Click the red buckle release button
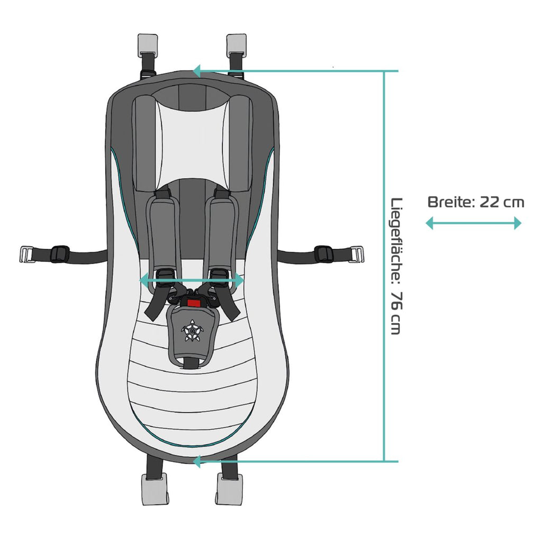[x=194, y=303]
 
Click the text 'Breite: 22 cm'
[x=476, y=202]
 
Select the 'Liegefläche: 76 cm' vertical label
[x=396, y=266]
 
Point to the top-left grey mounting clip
[x=148, y=46]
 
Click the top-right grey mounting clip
[x=236, y=46]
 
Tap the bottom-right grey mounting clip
[x=230, y=489]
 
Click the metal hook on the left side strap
[x=27, y=254]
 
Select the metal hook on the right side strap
[x=356, y=254]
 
